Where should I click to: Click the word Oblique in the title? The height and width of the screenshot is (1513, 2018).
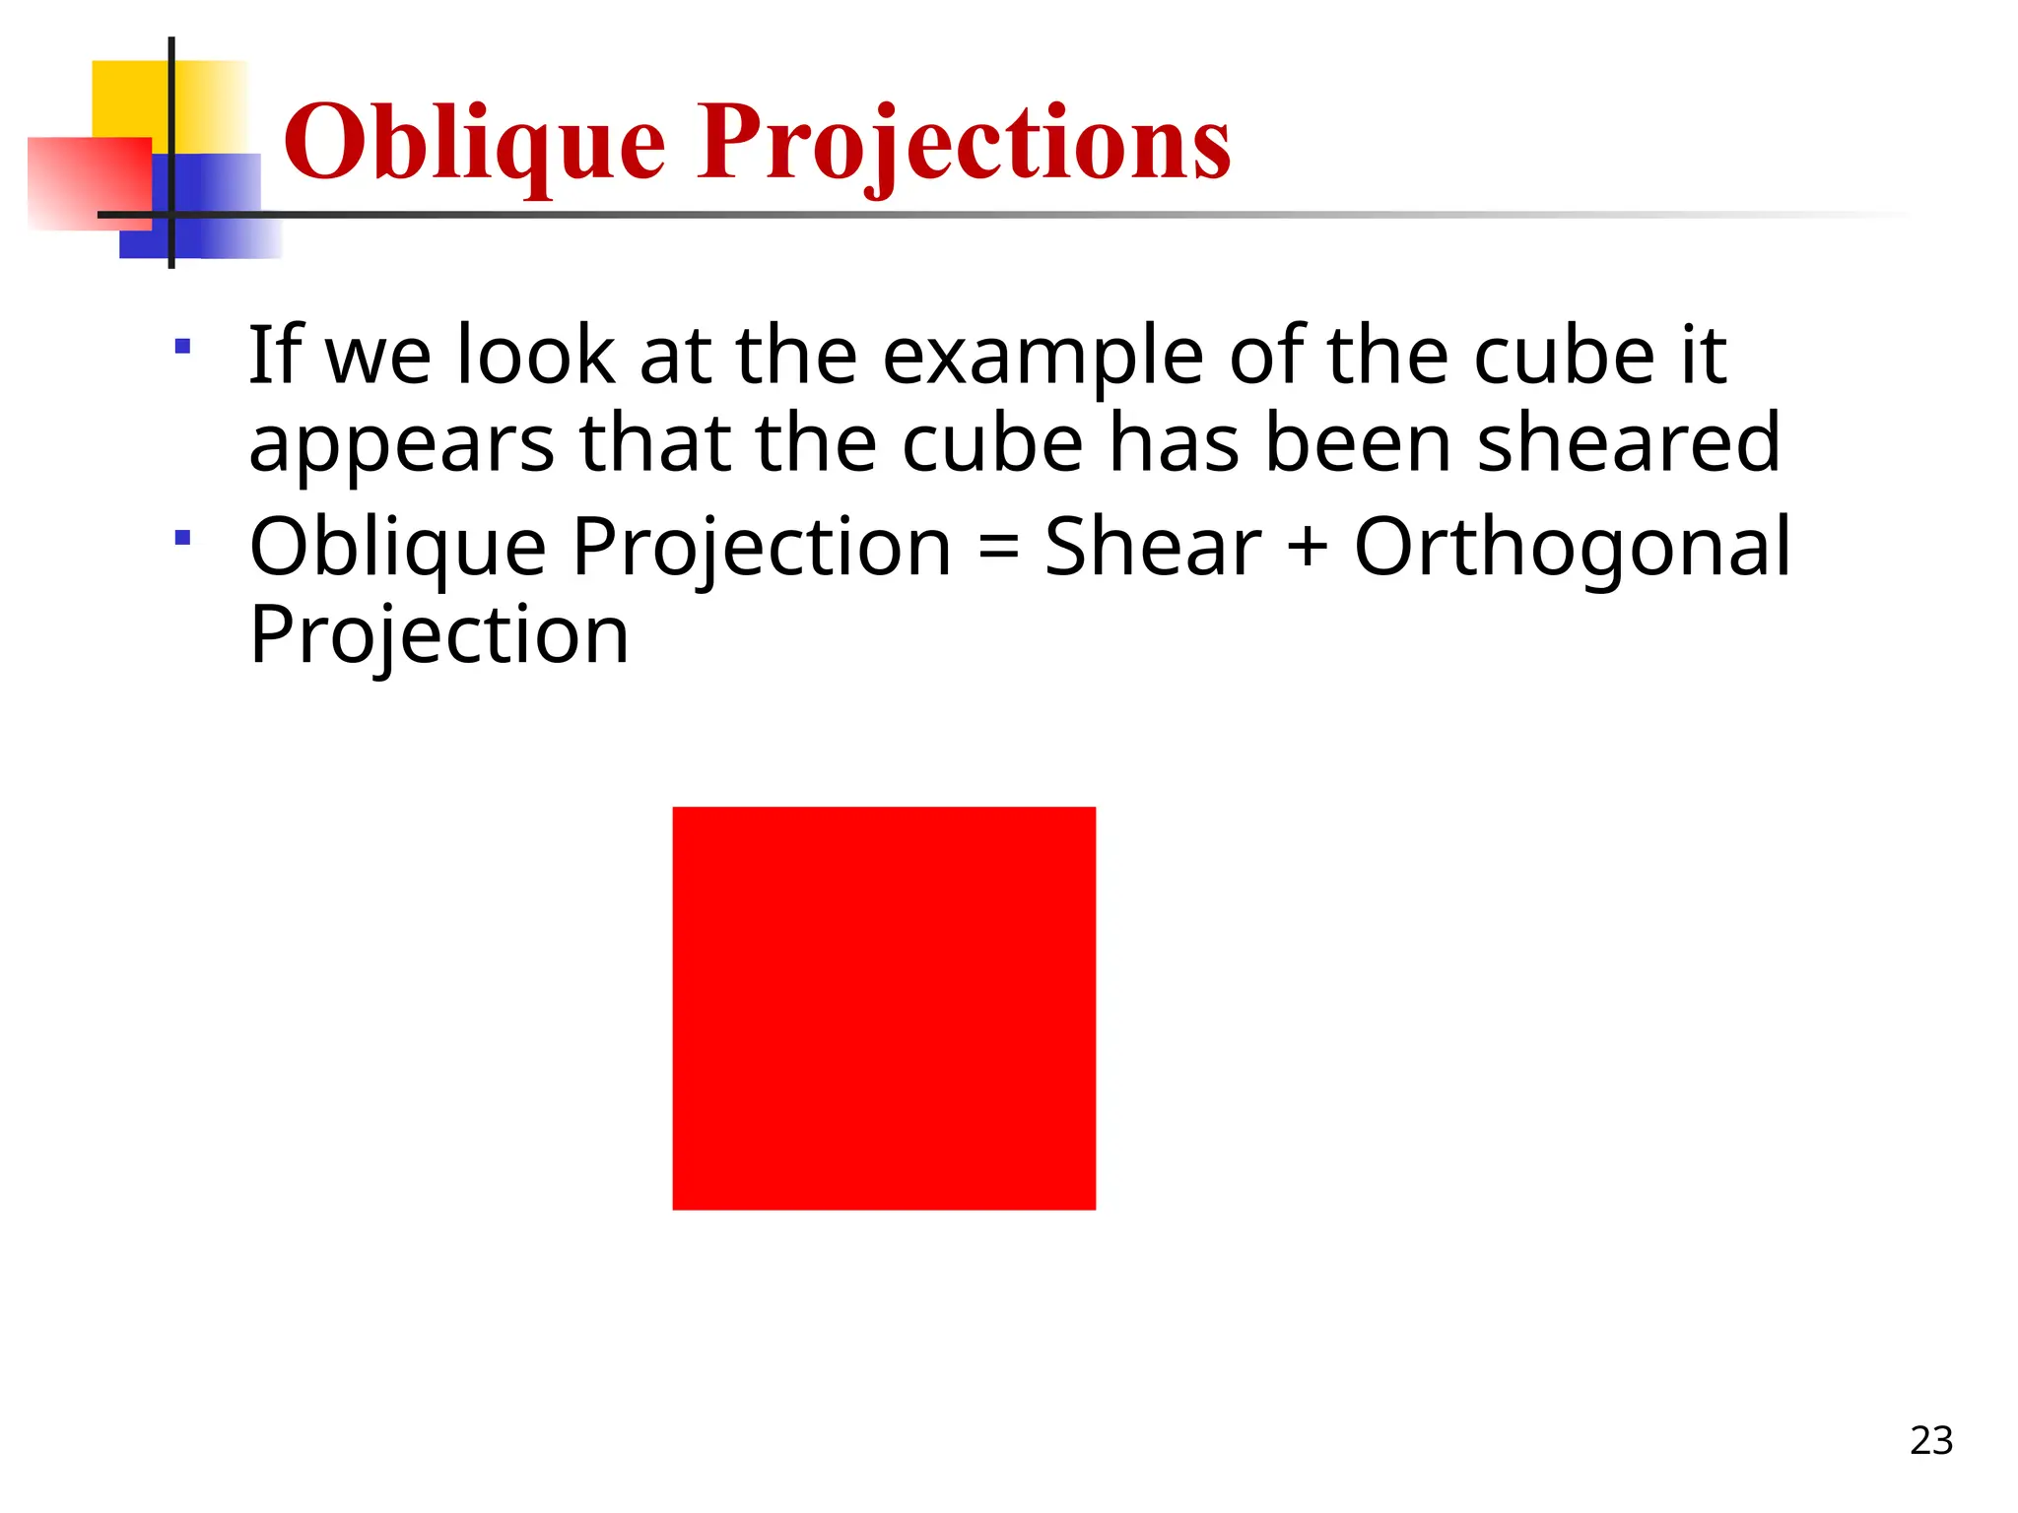474,145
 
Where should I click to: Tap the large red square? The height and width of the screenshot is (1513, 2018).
884,1008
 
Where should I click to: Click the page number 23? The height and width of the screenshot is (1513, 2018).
1930,1441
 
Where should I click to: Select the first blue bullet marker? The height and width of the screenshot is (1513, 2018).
182,346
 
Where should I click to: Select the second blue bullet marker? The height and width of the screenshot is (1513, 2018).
182,538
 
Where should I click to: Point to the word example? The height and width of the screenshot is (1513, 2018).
1042,357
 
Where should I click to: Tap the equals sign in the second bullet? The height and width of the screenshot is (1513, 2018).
998,548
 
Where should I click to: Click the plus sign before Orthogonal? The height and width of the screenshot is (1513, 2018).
1308,548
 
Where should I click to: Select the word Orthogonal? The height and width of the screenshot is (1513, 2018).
1572,548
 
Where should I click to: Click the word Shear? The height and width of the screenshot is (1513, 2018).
1152,548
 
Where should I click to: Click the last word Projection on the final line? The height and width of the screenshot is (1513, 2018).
438,635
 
